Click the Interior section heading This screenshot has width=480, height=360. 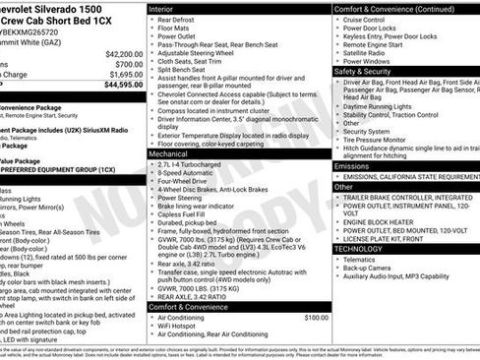[x=162, y=8]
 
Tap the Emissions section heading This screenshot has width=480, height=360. [x=352, y=166]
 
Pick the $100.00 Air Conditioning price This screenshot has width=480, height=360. [x=316, y=318]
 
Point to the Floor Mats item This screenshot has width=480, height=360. [x=174, y=30]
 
